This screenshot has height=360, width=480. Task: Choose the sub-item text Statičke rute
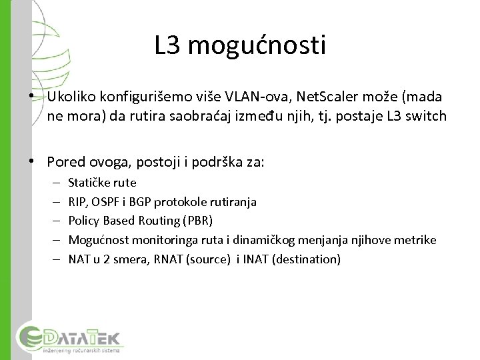(x=102, y=182)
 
